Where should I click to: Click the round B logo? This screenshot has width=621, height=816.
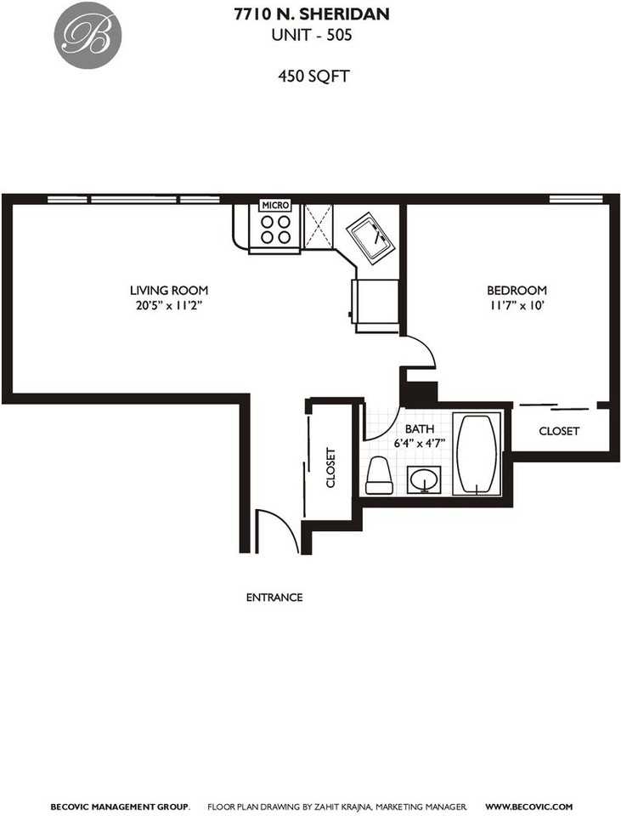(88, 36)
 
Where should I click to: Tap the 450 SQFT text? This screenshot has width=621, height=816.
(314, 76)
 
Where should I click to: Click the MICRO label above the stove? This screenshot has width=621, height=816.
(275, 205)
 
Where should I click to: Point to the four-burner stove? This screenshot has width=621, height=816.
(275, 229)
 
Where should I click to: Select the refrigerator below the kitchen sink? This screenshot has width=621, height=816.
(374, 304)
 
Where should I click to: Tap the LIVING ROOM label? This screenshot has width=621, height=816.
(168, 290)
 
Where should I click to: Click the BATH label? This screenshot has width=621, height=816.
(419, 428)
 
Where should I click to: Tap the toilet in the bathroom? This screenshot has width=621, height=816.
(379, 477)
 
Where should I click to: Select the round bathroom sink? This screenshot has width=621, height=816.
(423, 481)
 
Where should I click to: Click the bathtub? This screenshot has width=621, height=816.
(477, 454)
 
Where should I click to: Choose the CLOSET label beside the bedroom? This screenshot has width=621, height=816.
(559, 431)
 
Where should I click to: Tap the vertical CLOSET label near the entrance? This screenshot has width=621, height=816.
(331, 467)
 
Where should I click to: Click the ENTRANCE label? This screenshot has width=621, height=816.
(274, 598)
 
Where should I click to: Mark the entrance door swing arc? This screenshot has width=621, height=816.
(280, 529)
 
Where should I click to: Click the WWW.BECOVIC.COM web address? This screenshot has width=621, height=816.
(529, 806)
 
